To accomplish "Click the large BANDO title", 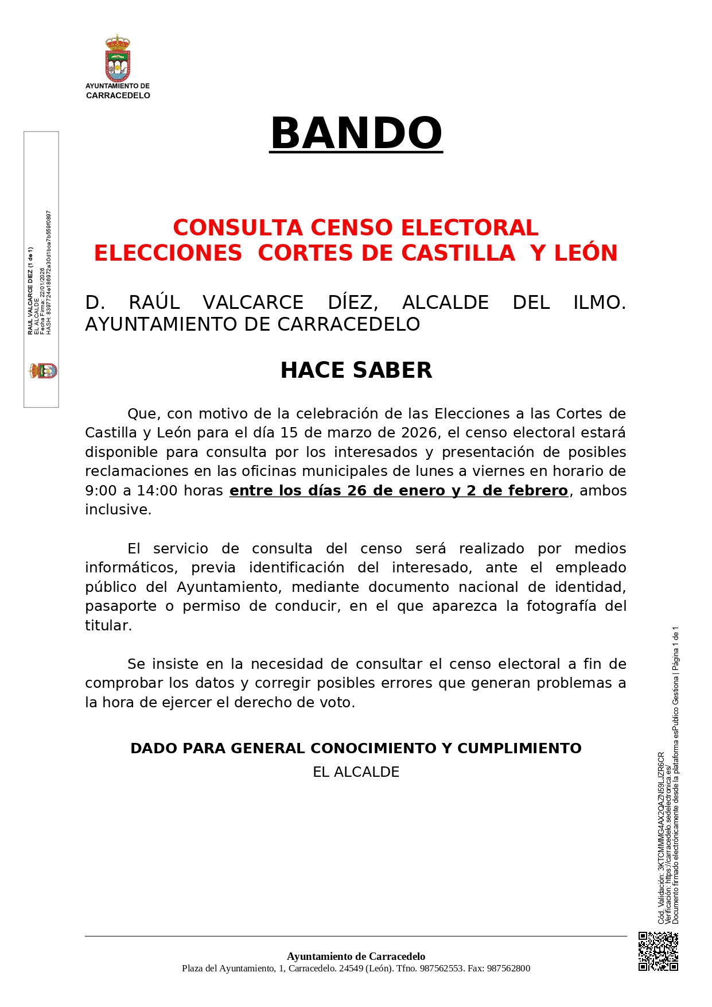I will tap(356, 133).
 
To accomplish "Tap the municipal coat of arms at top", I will tap(118, 59).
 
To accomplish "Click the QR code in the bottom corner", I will tap(658, 951).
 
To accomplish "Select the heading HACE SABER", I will tap(356, 370).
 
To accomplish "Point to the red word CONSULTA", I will tap(238, 228).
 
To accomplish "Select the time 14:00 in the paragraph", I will tap(156, 491).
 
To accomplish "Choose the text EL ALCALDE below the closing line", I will tap(356, 772).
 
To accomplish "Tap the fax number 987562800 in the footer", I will tap(508, 969).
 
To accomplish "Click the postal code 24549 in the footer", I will tap(351, 969).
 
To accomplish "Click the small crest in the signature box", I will tap(44, 370).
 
